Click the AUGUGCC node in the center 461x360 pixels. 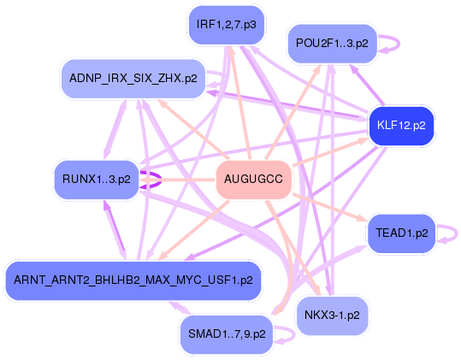click(254, 180)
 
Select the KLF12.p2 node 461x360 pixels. click(401, 126)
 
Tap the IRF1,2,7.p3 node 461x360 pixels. click(226, 25)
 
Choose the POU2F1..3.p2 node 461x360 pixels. click(332, 42)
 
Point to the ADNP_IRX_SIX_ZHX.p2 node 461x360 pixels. click(133, 78)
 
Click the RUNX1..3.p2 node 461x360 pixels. click(96, 180)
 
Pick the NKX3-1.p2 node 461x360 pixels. click(331, 316)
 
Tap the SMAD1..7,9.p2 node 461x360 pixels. click(226, 333)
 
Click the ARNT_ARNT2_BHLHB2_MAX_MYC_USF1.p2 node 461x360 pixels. click(133, 280)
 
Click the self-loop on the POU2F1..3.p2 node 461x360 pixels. click(389, 43)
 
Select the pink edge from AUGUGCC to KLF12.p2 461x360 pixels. click(329, 152)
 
